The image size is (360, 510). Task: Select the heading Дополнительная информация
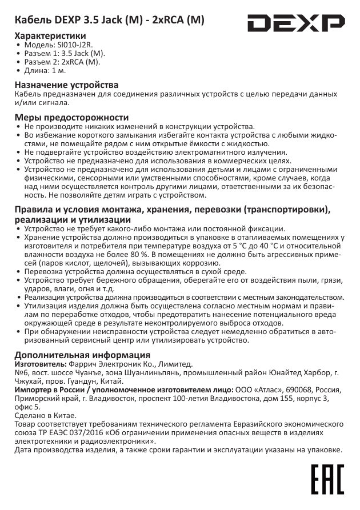tap(78, 354)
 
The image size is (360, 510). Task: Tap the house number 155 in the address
tap(290, 398)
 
